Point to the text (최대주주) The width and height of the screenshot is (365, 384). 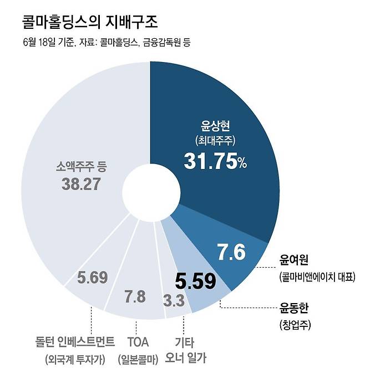(214, 141)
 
